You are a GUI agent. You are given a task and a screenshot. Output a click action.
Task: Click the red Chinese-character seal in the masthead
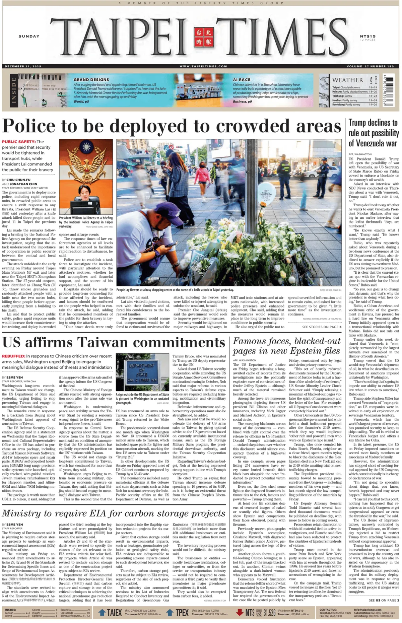click(x=203, y=37)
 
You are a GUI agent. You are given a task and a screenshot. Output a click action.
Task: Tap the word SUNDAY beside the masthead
click(x=29, y=36)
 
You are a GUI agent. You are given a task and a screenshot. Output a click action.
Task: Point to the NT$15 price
click(x=368, y=36)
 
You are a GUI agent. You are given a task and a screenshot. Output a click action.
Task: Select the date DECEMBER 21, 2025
click(x=23, y=66)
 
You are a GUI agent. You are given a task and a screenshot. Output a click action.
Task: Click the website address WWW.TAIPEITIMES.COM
click(x=203, y=66)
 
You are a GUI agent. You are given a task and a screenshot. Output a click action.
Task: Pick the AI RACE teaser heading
click(x=242, y=80)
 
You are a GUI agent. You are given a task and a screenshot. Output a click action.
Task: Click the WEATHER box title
click(x=347, y=80)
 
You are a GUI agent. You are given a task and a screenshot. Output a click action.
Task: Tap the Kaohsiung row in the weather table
click(x=354, y=105)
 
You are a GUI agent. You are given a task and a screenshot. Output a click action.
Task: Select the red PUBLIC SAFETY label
click(x=19, y=142)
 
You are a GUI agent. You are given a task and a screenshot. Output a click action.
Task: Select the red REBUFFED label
click(x=13, y=356)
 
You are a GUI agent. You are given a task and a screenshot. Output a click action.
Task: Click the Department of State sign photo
click(x=142, y=372)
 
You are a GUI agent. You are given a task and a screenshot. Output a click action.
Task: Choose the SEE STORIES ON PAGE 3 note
click(x=322, y=327)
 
